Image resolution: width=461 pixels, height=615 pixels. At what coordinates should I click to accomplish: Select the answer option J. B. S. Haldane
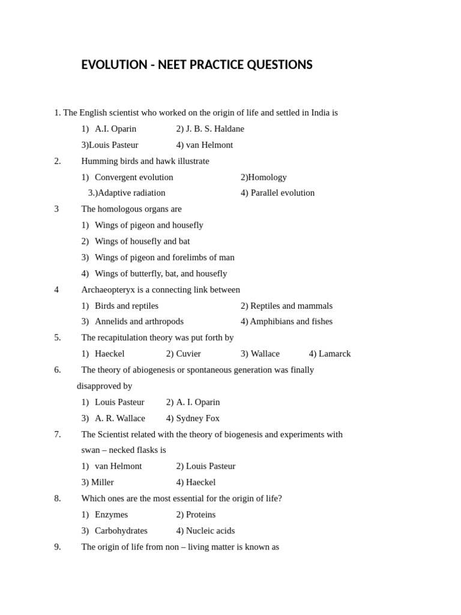(215, 129)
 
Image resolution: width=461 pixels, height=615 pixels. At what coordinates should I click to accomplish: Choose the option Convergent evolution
(134, 177)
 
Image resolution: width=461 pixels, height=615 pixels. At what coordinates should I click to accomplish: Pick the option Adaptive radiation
(131, 193)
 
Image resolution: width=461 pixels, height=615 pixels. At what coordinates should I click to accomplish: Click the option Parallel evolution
(282, 193)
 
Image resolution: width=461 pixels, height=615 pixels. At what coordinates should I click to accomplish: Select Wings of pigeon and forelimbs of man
(164, 257)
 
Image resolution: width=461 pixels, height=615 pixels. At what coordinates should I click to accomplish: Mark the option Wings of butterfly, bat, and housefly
(161, 273)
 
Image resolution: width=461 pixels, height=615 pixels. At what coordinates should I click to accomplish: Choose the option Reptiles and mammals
(291, 306)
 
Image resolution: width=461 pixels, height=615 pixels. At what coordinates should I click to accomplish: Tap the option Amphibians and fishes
(291, 321)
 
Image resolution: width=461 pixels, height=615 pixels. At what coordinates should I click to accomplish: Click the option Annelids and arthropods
(139, 321)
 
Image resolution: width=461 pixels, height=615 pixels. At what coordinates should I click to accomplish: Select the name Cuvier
(188, 354)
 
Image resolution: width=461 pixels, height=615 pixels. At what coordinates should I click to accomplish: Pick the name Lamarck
(334, 354)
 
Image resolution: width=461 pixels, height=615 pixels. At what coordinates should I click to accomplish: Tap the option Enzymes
(111, 515)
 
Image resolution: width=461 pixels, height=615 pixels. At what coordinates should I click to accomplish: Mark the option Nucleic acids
(210, 531)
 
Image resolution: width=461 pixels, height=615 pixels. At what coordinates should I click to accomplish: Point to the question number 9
(58, 547)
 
